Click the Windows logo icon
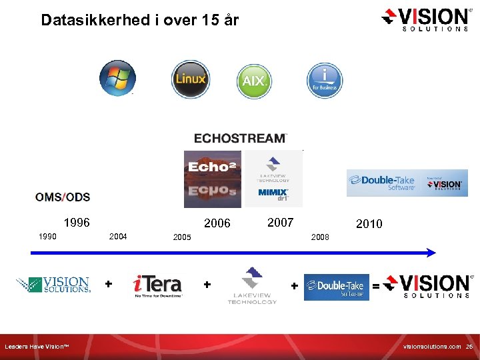117,78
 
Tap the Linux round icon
191,79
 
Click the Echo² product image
213,179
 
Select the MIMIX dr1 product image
273,179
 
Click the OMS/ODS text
63,197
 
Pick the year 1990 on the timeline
47,236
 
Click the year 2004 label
118,236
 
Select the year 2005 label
181,237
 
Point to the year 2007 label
280,223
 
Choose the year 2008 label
320,237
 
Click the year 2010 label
369,224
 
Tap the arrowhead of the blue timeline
432,252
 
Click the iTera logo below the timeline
157,285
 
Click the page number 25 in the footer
469,347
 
